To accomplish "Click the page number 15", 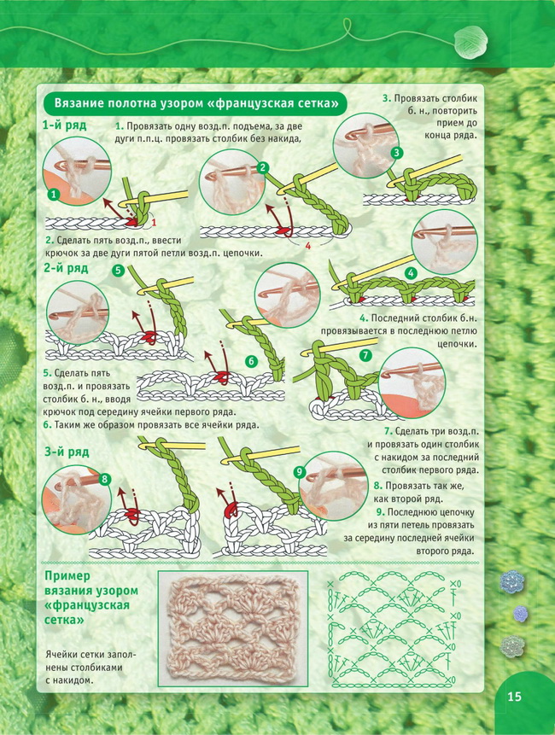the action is [x=514, y=697].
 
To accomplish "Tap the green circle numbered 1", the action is [x=55, y=194].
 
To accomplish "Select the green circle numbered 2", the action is [x=263, y=168].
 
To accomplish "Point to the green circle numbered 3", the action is [x=396, y=152].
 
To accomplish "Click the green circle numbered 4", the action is [x=411, y=273].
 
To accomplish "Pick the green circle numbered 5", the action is [x=118, y=270].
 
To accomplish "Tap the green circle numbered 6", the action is [x=252, y=361].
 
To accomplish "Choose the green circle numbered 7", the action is [x=365, y=355].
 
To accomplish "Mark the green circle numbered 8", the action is [x=104, y=479].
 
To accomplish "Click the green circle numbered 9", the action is [x=300, y=472].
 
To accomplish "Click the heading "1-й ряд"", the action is [x=64, y=125].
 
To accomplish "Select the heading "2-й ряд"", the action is [x=66, y=268].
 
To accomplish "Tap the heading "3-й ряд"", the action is [x=67, y=452].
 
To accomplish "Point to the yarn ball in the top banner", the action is [x=471, y=42].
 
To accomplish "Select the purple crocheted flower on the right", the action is [x=520, y=613].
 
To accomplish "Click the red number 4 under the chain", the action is [x=308, y=246].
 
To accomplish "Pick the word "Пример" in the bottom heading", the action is [x=67, y=576].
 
